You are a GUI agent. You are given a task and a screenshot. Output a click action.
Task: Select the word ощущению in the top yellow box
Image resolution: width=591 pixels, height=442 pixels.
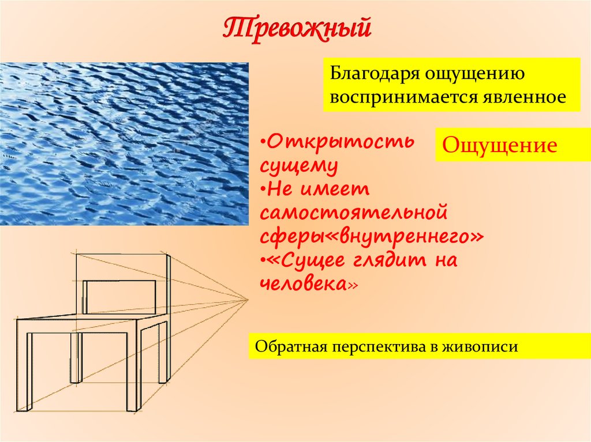pos(474,74)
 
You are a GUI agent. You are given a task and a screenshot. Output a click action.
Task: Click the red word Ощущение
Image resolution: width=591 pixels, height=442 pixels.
pos(499,145)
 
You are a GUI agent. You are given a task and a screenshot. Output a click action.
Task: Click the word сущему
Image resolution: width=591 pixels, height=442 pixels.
pos(298,165)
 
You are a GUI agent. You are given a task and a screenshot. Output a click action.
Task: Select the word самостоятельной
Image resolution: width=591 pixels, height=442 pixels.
pos(354,213)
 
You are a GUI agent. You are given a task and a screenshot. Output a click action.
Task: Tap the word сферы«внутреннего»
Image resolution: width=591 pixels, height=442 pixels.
pos(371,237)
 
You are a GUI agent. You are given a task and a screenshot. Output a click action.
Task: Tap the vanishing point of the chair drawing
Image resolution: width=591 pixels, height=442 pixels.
pos(248,299)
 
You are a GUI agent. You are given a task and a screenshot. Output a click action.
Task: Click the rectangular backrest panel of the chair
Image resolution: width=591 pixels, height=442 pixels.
pos(120,297)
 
